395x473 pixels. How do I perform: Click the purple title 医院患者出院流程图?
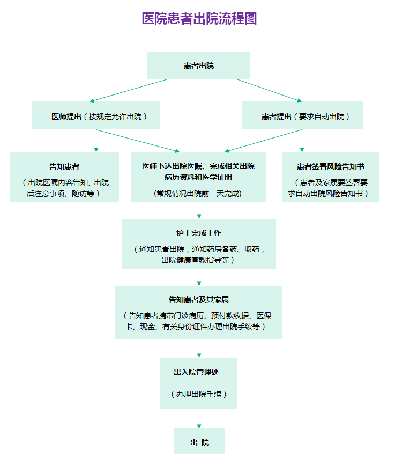199,18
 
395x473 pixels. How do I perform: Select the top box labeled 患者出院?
199,66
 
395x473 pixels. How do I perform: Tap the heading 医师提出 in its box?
66,117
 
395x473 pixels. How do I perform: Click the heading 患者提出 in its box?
277,117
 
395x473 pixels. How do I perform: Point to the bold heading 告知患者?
64,166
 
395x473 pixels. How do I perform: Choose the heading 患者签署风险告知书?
331,166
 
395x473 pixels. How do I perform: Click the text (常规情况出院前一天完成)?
198,193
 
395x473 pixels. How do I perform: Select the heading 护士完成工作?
199,233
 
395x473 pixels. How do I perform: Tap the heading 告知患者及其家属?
199,300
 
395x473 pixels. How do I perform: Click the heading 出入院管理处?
196,372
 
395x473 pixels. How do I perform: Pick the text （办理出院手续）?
199,394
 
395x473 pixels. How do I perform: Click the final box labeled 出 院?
199,441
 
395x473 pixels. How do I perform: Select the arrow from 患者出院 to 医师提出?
128,91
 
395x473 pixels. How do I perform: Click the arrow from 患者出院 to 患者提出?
270,91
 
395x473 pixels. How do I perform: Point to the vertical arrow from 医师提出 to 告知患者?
96,141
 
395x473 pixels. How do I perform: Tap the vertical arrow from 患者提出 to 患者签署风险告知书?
302,141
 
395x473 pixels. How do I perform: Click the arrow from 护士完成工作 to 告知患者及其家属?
199,277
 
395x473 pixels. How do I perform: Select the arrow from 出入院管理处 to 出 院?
199,419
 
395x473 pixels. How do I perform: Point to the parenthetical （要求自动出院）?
321,117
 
